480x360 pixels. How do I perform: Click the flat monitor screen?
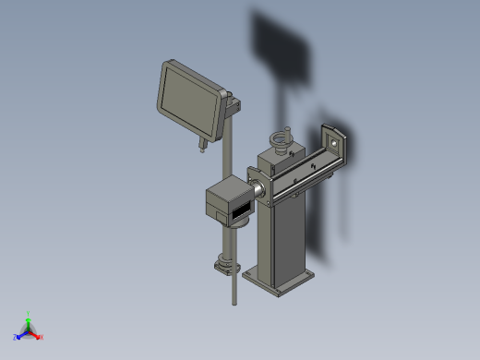coord(189,100)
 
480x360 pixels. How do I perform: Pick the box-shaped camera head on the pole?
coord(227,201)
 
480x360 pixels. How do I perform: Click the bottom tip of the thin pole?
coord(234,302)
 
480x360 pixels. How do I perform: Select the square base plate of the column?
coord(277,282)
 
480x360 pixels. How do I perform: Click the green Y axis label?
coord(30,313)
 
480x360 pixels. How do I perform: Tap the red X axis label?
coord(42,337)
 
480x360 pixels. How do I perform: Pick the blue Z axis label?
coord(16,337)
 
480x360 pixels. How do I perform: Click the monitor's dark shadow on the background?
coord(282,46)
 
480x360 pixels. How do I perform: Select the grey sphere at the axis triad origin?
coord(29,330)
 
